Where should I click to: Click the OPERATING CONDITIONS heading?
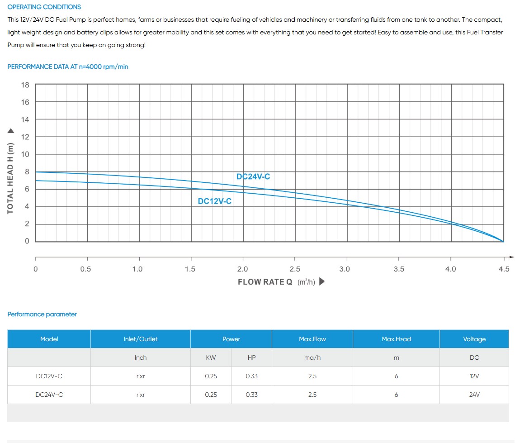(x=44, y=7)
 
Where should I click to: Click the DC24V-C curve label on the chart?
(x=253, y=176)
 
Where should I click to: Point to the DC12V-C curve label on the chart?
(x=215, y=201)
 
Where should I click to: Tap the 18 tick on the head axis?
(x=25, y=85)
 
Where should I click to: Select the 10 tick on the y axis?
(x=25, y=154)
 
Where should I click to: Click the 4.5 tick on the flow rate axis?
(x=504, y=269)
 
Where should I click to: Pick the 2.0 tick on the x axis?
(x=243, y=269)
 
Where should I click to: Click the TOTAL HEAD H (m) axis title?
(x=10, y=178)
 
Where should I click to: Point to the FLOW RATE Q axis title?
(x=265, y=282)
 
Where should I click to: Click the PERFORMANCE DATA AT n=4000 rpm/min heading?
(x=68, y=67)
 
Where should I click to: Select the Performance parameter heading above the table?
(x=42, y=314)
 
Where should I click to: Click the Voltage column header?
(x=474, y=339)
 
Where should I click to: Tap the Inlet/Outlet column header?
(x=141, y=339)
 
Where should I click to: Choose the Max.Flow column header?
(x=312, y=339)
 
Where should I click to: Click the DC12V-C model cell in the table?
(x=49, y=376)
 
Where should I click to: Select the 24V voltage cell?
(x=474, y=395)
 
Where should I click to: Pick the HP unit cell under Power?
(x=252, y=357)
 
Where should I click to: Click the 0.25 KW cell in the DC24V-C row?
(x=211, y=395)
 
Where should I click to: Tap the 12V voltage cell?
(x=474, y=376)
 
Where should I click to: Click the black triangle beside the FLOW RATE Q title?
(x=322, y=281)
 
